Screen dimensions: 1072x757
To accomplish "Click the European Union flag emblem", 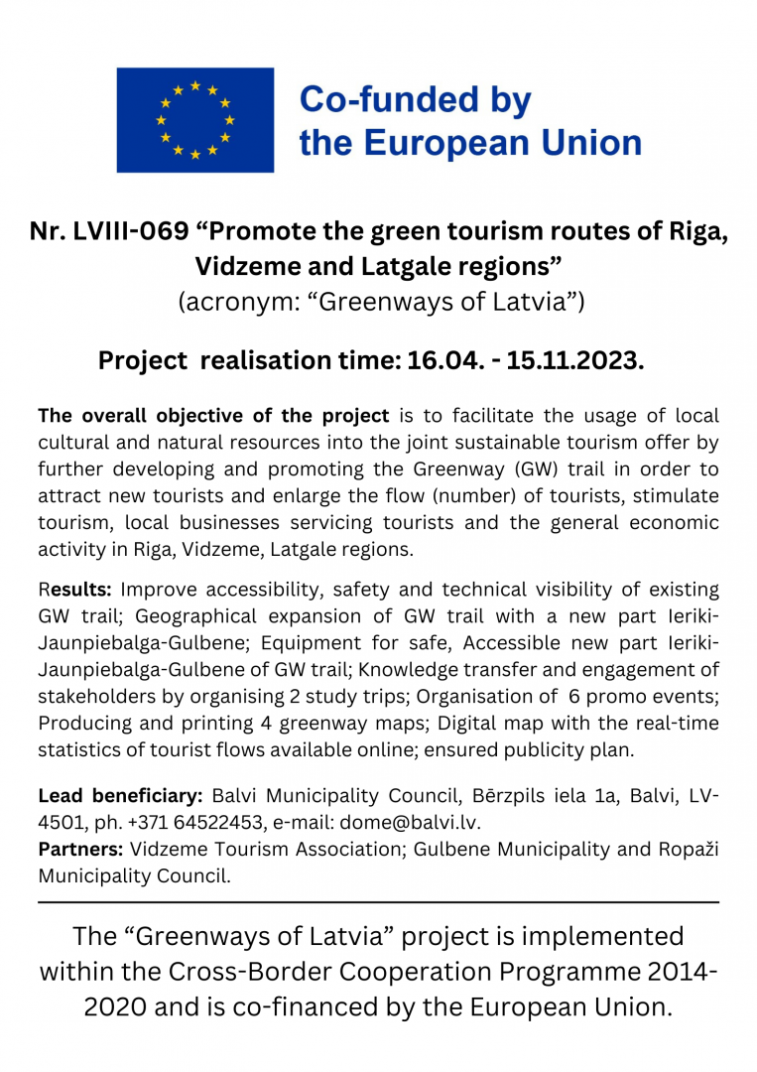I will pyautogui.click(x=195, y=120).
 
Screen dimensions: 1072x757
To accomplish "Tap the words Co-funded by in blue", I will pyautogui.click(x=415, y=100).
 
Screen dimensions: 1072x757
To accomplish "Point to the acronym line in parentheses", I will pyautogui.click(x=380, y=302).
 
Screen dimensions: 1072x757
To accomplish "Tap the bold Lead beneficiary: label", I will pyautogui.click(x=120, y=796).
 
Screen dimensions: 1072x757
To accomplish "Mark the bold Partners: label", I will pyautogui.click(x=80, y=849).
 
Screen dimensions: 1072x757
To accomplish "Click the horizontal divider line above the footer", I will pyautogui.click(x=378, y=902).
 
